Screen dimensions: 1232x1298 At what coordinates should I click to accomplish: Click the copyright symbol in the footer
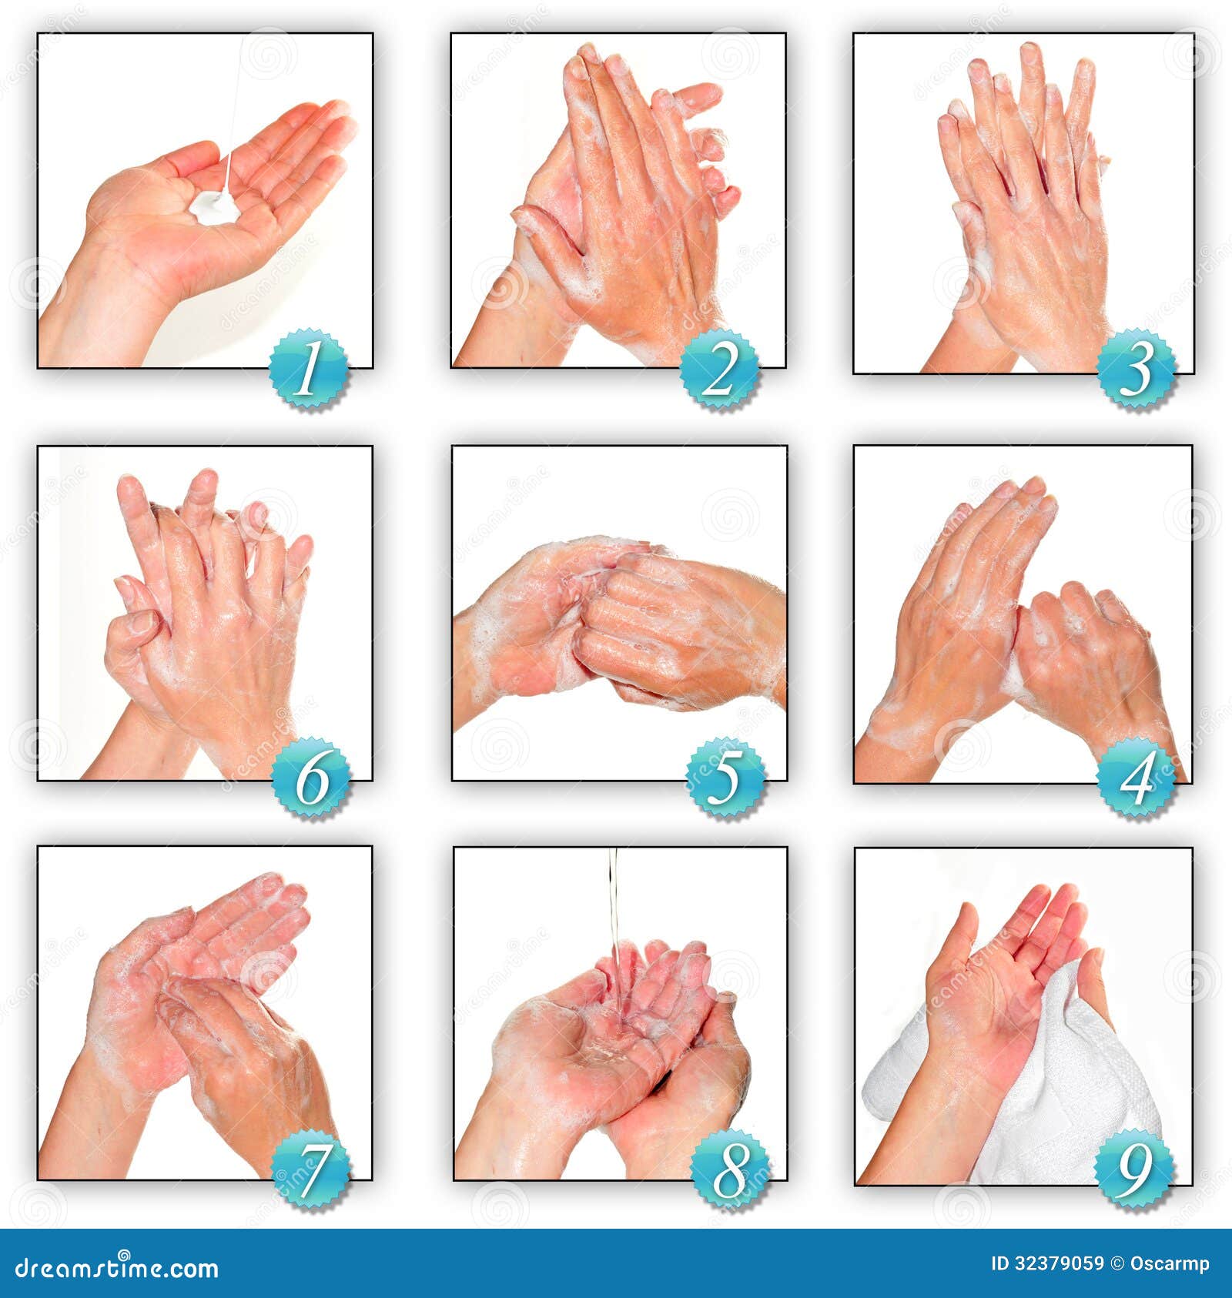pyautogui.click(x=1116, y=1264)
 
